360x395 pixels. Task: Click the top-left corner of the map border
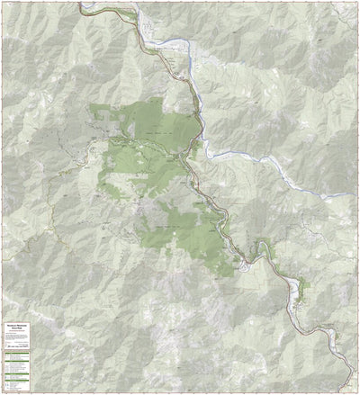point(2,2)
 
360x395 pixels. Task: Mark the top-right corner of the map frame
point(357,2)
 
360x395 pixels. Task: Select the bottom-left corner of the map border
point(2,392)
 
